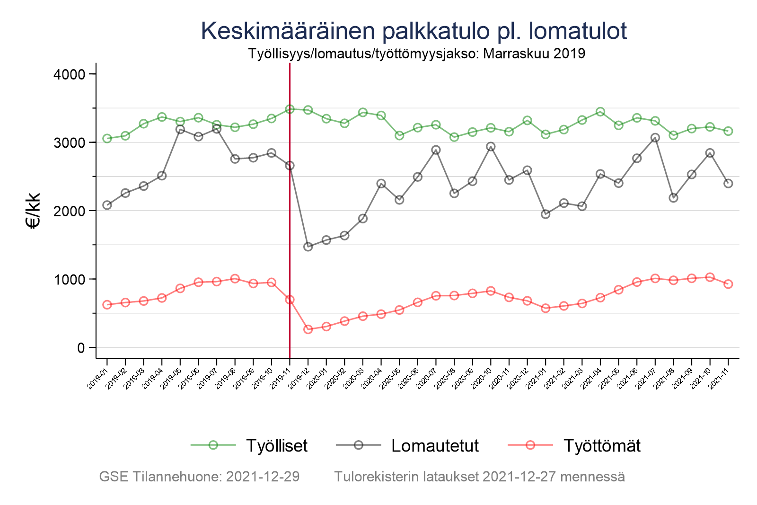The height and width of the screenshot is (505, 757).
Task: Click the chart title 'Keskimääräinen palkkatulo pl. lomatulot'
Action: tap(414, 31)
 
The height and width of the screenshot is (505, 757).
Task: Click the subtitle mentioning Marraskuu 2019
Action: tap(416, 53)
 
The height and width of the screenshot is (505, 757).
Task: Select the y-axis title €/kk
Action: tap(34, 211)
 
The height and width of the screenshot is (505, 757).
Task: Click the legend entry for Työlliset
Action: tap(276, 445)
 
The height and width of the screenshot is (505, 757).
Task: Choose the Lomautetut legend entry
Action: tap(435, 445)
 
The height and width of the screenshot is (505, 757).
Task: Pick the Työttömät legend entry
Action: tap(601, 445)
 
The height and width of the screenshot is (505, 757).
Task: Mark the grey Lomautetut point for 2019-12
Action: tap(308, 247)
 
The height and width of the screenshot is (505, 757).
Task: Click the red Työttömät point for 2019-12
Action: tap(308, 329)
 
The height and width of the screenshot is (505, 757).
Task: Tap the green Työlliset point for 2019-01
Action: tap(107, 139)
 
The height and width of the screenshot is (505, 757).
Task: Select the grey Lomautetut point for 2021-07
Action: tap(655, 138)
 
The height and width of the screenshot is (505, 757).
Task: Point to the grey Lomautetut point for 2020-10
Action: tap(491, 147)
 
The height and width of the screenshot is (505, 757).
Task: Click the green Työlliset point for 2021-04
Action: tap(600, 112)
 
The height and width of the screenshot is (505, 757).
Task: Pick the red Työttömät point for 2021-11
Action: tap(728, 284)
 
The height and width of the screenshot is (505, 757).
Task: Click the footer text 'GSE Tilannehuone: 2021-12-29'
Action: tap(199, 477)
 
